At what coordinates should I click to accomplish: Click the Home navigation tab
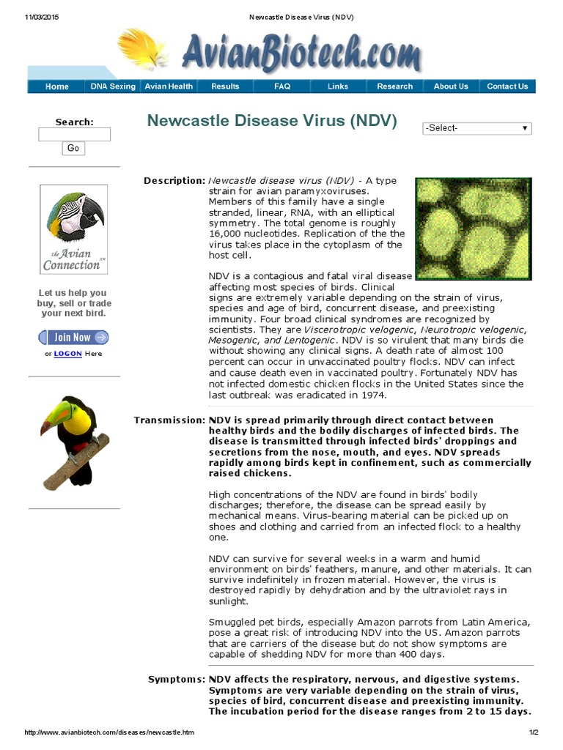57,86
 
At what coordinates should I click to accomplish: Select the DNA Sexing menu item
113,86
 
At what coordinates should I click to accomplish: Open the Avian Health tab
169,86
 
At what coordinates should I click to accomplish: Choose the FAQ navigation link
282,86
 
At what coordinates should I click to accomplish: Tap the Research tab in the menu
394,86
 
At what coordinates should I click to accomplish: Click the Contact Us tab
507,86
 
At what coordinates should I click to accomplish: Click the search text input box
74,135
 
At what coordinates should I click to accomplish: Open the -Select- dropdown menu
476,128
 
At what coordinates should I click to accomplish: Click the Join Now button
73,338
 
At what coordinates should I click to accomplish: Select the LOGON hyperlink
68,354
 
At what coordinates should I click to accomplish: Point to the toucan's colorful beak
54,415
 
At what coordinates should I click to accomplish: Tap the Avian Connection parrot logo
73,229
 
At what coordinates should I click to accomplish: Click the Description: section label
174,181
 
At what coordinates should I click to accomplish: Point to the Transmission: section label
169,420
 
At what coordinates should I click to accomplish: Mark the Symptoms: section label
177,680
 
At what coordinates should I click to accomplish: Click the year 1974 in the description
371,396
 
